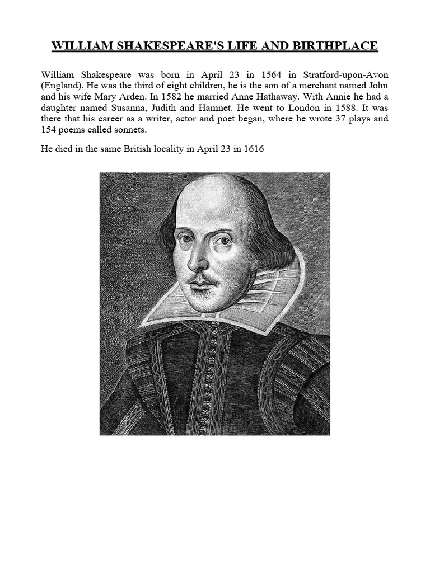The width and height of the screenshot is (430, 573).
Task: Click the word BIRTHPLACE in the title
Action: (332, 45)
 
